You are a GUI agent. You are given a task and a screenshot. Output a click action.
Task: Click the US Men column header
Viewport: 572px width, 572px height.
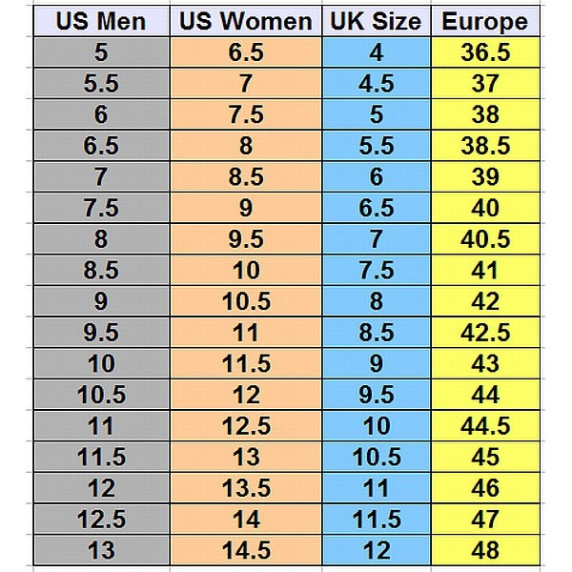(x=100, y=21)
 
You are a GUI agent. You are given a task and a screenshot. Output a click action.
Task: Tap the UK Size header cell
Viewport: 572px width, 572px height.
(x=377, y=21)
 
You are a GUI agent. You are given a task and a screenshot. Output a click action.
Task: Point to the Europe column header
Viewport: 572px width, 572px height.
(x=484, y=21)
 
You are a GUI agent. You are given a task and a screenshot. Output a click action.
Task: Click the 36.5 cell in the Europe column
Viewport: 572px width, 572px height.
(x=484, y=53)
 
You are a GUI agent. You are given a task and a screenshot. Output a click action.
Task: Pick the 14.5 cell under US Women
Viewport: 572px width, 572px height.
(x=246, y=550)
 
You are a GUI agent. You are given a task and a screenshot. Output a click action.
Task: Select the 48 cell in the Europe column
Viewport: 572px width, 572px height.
(x=484, y=550)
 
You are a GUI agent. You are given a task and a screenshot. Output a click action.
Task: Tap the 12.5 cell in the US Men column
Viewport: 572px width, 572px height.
(x=101, y=519)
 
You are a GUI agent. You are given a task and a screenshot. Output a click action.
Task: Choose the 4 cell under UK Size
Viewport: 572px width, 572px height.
(x=376, y=53)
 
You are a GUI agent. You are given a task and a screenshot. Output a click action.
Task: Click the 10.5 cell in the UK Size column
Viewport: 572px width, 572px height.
(x=376, y=457)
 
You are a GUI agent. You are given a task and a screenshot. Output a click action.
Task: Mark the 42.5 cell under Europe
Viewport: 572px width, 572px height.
(x=484, y=333)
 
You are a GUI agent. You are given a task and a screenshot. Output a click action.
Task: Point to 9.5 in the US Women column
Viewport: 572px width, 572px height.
(x=246, y=239)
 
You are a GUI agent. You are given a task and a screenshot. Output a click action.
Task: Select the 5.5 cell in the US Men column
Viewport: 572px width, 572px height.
(x=101, y=84)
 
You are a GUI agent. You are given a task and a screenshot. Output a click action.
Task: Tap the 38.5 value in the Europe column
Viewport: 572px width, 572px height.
(x=484, y=146)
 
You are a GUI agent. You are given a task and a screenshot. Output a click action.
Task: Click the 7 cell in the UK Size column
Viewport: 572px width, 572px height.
(x=376, y=239)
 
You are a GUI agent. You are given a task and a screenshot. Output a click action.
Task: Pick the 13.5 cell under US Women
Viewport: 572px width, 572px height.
(x=246, y=488)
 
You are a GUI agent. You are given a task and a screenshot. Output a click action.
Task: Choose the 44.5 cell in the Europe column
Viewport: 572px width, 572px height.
(x=484, y=426)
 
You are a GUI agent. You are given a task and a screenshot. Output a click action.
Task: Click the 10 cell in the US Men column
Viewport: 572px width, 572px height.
(x=101, y=363)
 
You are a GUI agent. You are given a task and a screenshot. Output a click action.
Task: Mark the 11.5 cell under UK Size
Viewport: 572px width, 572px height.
(x=376, y=519)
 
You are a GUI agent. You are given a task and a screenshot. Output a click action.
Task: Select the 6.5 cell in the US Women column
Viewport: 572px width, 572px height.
(x=246, y=53)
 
